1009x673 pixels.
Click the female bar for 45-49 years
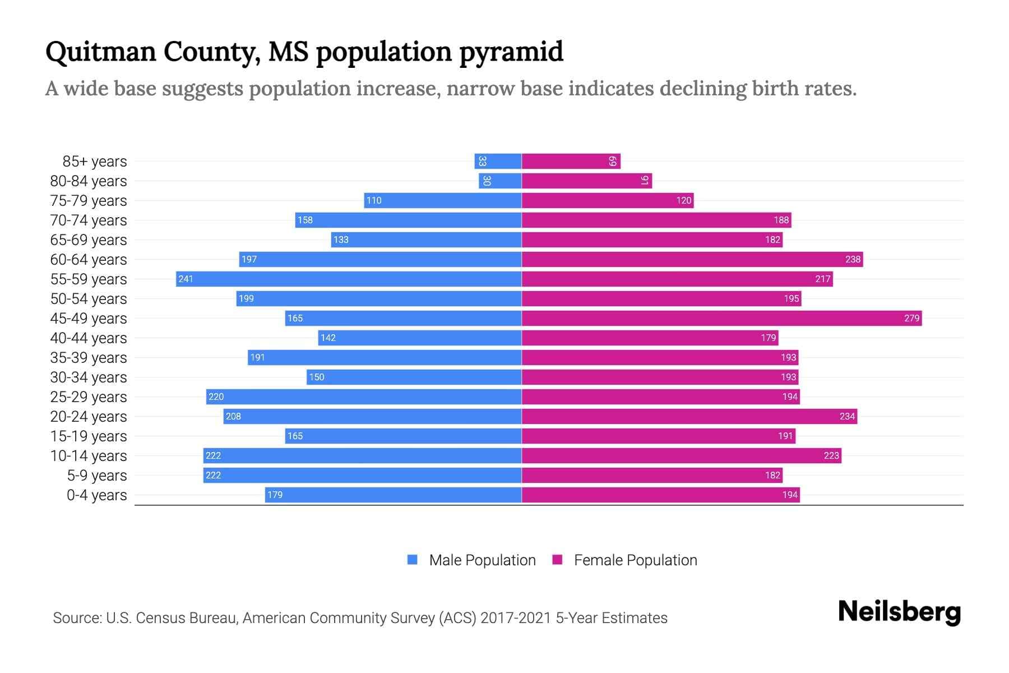click(x=721, y=318)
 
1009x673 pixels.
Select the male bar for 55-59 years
click(x=349, y=279)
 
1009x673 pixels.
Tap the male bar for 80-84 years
click(x=500, y=181)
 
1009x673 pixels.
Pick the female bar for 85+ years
click(x=571, y=161)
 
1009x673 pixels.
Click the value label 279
click(x=911, y=318)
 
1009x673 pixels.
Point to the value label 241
click(x=186, y=279)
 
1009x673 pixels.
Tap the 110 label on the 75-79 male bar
click(x=374, y=200)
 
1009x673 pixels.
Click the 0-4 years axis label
click(x=96, y=495)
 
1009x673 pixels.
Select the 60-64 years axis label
click(x=89, y=260)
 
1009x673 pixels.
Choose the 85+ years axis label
click(x=95, y=162)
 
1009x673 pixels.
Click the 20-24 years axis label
click(x=89, y=417)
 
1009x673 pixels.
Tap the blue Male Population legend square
click(x=413, y=560)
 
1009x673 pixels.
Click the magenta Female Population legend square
click(x=557, y=560)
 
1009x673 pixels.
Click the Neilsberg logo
click(x=899, y=612)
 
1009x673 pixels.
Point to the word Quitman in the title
click(x=100, y=52)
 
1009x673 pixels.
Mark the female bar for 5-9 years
click(x=652, y=475)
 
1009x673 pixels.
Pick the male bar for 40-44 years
click(x=420, y=338)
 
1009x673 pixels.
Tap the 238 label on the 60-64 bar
click(x=853, y=259)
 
